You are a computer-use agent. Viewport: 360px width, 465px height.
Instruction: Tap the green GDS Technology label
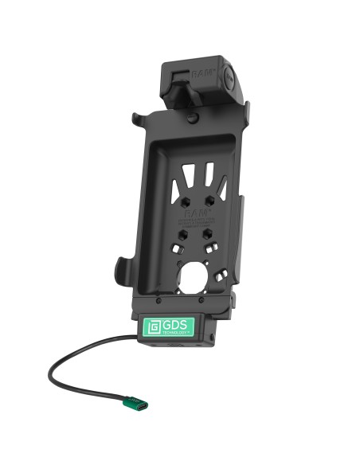pos(170,330)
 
